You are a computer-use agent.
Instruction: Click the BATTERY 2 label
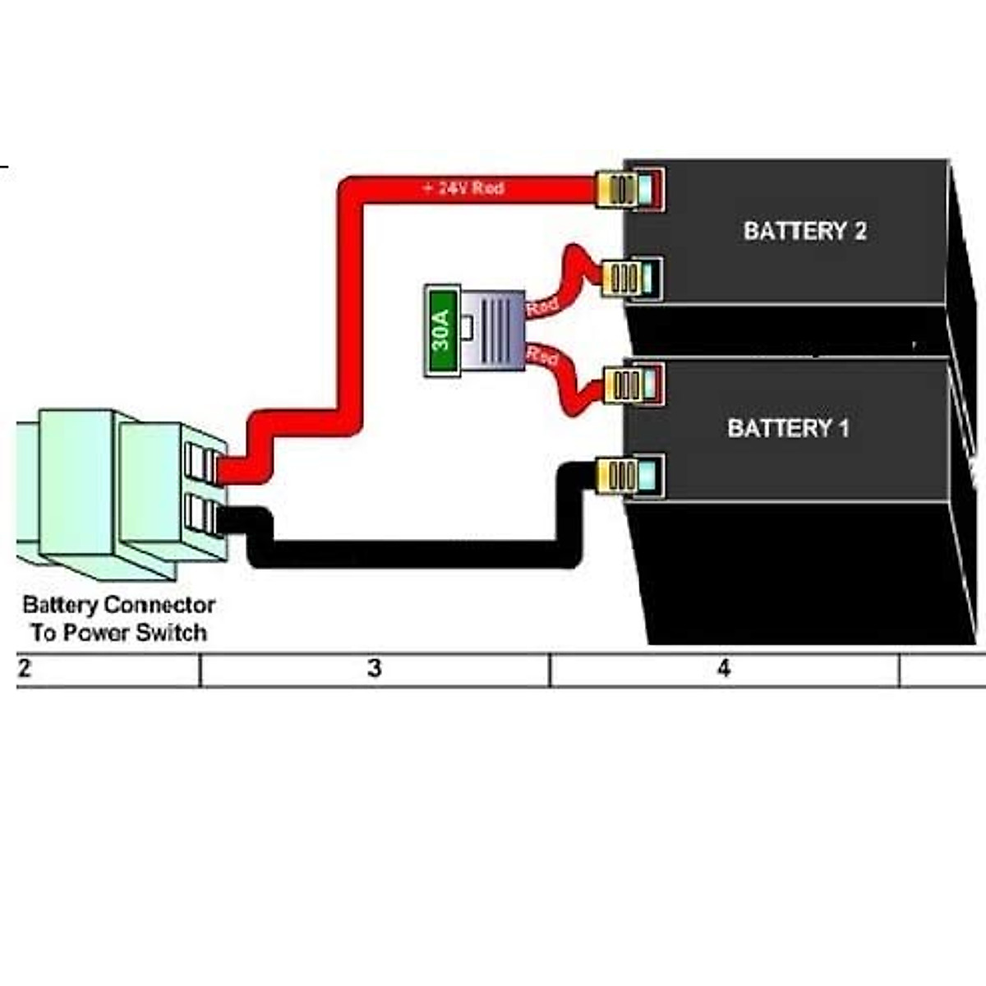[804, 231]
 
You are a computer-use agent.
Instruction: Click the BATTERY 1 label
[788, 428]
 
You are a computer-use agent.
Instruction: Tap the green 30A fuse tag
[441, 330]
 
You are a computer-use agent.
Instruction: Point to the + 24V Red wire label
[463, 188]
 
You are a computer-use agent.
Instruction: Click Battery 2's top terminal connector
[629, 190]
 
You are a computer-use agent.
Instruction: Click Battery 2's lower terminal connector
[631, 278]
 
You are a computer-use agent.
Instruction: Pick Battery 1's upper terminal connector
[633, 385]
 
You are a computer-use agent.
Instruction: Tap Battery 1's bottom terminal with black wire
[628, 476]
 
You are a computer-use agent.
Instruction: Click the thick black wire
[411, 554]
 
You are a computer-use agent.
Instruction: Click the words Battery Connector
[119, 606]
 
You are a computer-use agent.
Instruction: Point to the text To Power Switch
[119, 633]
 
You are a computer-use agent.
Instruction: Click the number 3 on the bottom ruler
[375, 669]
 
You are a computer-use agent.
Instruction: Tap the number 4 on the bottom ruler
[723, 669]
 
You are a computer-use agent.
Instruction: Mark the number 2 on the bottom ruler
[25, 669]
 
